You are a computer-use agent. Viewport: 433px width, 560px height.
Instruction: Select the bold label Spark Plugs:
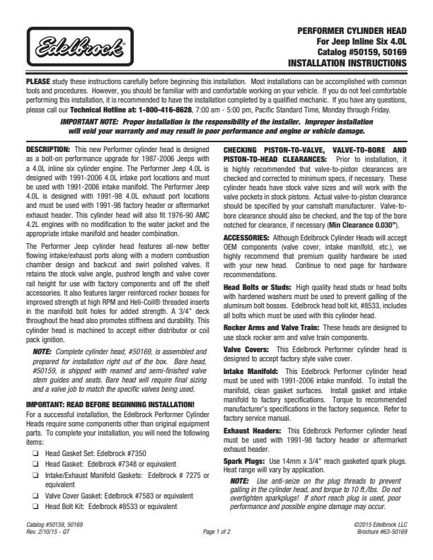pos(245,461)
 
